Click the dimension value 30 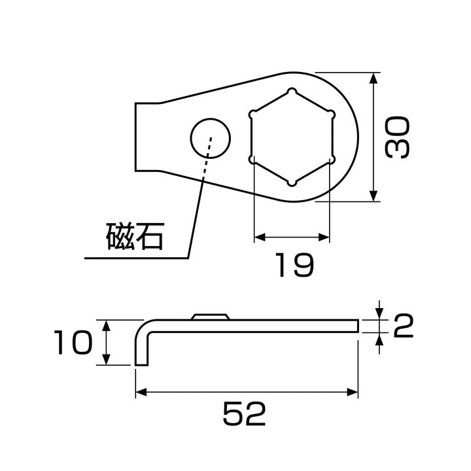[x=398, y=138]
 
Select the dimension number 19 [x=294, y=265]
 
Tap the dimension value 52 [x=244, y=413]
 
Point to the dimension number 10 [x=73, y=342]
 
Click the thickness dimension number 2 [x=403, y=326]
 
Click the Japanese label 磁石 [x=135, y=236]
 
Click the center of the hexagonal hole [x=292, y=137]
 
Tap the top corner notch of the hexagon [x=292, y=92]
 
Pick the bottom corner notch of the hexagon [x=292, y=183]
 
